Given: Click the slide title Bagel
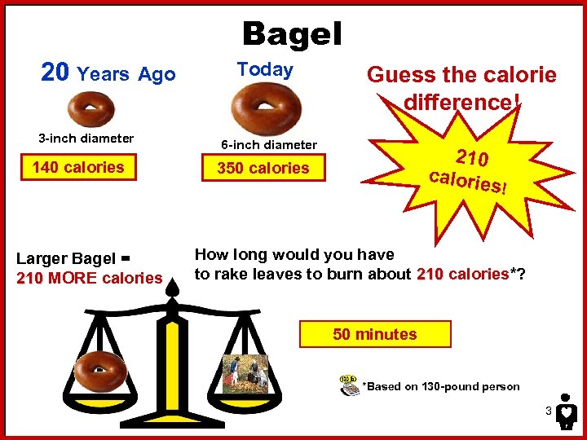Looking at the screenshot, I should (x=292, y=34).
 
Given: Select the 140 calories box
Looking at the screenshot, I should (x=78, y=168).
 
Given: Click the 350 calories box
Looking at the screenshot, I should (x=263, y=169).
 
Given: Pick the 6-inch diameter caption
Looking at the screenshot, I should (x=269, y=145).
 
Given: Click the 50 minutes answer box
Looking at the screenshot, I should (x=375, y=334).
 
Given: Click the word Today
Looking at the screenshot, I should (x=265, y=70).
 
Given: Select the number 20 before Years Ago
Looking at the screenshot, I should (x=55, y=73).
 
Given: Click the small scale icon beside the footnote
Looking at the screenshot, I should (x=350, y=385).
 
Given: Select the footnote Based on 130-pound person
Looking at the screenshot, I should (x=441, y=387).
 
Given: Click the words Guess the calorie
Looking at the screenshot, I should (x=461, y=76).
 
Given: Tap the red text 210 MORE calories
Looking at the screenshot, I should (x=90, y=279).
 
